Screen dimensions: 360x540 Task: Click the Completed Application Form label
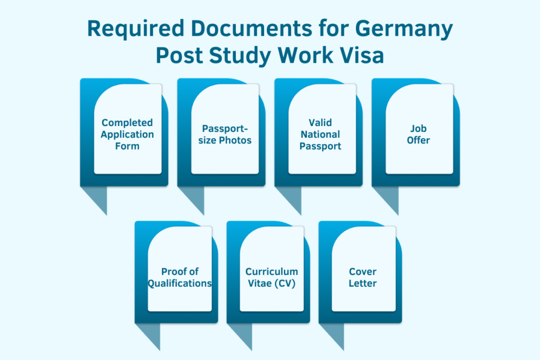pyautogui.click(x=128, y=134)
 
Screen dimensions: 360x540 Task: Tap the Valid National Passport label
pyautogui.click(x=320, y=134)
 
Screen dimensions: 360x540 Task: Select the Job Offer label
pyautogui.click(x=419, y=134)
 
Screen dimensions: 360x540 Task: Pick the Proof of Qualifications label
pyautogui.click(x=180, y=277)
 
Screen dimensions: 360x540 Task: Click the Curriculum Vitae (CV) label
pyautogui.click(x=271, y=277)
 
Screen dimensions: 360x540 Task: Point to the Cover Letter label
pyautogui.click(x=363, y=277)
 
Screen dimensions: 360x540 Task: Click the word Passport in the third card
pyautogui.click(x=320, y=146)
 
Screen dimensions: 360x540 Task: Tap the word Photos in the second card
pyautogui.click(x=235, y=140)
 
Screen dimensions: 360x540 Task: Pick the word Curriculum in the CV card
pyautogui.click(x=271, y=271)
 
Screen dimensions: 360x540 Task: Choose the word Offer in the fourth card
pyautogui.click(x=419, y=140)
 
